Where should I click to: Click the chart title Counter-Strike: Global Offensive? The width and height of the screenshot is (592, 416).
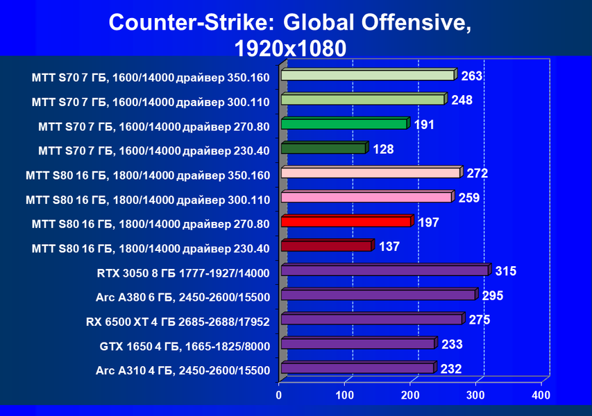[289, 22]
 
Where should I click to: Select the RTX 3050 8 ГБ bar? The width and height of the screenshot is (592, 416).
[387, 270]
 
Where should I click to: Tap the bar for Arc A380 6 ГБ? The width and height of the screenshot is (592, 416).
[380, 294]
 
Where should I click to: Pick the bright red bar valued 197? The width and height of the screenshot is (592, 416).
[347, 221]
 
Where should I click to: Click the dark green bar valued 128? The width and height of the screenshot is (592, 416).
[325, 148]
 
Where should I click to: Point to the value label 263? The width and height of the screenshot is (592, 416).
[472, 76]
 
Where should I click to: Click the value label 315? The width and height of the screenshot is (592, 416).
[505, 271]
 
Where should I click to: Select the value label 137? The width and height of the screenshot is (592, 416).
[389, 247]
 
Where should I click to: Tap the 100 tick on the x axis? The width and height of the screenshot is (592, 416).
[344, 395]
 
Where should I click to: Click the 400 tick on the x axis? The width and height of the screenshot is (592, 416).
[541, 395]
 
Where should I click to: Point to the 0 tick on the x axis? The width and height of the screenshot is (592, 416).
[278, 395]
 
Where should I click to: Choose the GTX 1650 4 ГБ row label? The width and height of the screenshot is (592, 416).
[185, 346]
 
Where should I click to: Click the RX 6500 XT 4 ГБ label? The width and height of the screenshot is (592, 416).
[178, 322]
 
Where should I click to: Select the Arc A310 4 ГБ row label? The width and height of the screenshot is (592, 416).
[183, 370]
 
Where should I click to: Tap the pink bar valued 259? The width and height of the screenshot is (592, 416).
[368, 197]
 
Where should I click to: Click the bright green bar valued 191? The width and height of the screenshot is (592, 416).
[346, 123]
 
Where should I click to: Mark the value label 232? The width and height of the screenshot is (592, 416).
[451, 369]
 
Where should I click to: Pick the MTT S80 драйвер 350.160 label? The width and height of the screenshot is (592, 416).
[148, 175]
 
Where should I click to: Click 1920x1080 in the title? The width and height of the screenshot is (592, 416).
[290, 49]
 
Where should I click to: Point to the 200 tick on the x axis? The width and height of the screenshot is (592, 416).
[410, 395]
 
